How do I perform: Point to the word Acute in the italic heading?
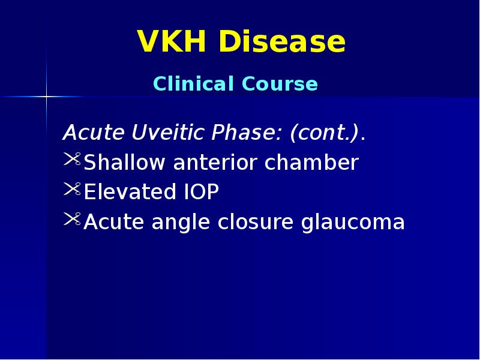coord(85,133)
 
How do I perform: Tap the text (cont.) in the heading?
coord(325,133)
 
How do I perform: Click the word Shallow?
coord(125,163)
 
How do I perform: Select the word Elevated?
coord(122,193)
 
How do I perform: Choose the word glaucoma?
coord(353,223)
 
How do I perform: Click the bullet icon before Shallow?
coord(71,160)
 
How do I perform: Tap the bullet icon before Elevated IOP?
coord(71,190)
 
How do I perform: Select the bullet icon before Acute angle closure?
coord(71,220)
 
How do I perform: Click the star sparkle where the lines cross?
coord(46,96)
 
